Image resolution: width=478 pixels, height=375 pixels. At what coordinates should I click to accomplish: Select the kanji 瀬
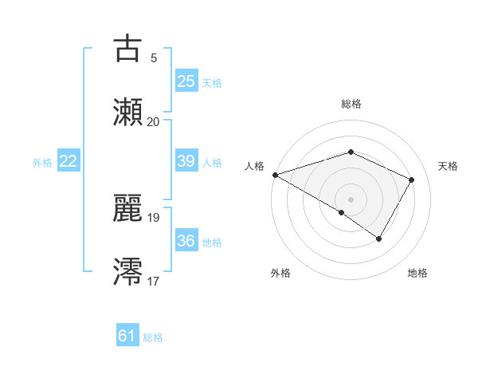(x=127, y=112)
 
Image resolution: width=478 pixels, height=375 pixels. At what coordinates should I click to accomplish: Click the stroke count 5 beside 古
(x=153, y=57)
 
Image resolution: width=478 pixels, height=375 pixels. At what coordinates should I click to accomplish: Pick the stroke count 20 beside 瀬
(x=153, y=122)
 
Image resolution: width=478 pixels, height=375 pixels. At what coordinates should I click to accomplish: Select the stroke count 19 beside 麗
(x=153, y=217)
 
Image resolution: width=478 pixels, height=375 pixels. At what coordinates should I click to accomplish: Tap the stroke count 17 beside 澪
(x=153, y=282)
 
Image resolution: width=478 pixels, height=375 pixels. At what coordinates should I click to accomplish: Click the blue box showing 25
(x=186, y=81)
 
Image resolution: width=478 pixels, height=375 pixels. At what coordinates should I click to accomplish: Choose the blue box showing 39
(x=186, y=161)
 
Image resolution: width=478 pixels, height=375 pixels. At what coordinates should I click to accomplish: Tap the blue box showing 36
(x=186, y=241)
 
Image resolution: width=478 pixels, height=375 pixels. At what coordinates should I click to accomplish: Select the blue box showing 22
(x=68, y=161)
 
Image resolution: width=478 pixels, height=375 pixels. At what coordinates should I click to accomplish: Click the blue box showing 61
(x=127, y=336)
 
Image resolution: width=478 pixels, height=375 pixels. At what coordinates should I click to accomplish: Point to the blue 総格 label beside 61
(x=153, y=337)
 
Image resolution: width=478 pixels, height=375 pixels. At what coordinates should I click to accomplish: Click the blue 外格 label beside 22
(x=42, y=162)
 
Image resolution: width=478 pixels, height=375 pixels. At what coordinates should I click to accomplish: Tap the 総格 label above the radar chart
(x=351, y=104)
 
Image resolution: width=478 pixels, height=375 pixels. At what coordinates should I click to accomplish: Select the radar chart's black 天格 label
(x=448, y=166)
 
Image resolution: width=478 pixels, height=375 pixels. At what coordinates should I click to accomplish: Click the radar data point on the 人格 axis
(x=275, y=175)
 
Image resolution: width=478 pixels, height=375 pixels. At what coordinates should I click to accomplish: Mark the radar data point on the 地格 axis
(x=379, y=239)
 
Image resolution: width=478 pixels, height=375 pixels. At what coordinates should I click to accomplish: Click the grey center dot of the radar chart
(x=351, y=199)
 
